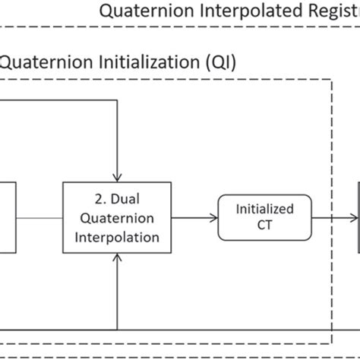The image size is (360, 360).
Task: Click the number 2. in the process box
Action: pyautogui.click(x=96, y=201)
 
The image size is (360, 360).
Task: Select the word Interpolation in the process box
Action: pyautogui.click(x=115, y=236)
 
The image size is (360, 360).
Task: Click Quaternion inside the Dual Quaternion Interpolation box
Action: pyautogui.click(x=115, y=219)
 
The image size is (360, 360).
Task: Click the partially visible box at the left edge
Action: pyautogui.click(x=6, y=217)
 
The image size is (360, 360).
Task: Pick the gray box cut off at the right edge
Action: pyautogui.click(x=357, y=218)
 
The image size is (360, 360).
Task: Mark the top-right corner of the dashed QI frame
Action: pyautogui.click(x=332, y=78)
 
